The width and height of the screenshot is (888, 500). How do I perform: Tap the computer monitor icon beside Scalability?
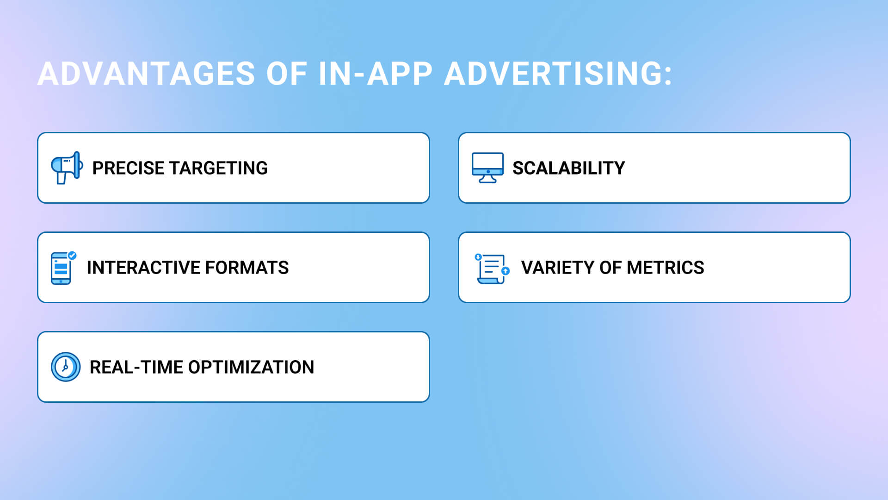(x=487, y=168)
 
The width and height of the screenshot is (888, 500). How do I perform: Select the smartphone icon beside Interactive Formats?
(x=62, y=268)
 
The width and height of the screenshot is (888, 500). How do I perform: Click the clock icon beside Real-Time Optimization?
(x=66, y=367)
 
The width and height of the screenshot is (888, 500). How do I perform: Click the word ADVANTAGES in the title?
(x=146, y=74)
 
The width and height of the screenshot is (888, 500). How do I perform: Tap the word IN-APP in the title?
(x=376, y=74)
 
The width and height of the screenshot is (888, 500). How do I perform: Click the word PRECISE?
(x=129, y=168)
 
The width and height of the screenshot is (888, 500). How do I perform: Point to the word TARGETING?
(x=219, y=168)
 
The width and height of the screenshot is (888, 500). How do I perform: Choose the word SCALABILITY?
(x=569, y=168)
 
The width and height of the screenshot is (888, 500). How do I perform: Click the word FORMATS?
(x=247, y=268)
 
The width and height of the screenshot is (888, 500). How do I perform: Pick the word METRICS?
(x=666, y=268)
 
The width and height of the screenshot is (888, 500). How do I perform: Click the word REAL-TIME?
(x=136, y=367)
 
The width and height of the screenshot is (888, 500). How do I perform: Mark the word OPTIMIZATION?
(x=251, y=367)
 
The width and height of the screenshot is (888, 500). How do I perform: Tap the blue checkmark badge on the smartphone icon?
(x=72, y=255)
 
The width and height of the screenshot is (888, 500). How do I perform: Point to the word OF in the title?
(x=287, y=74)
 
